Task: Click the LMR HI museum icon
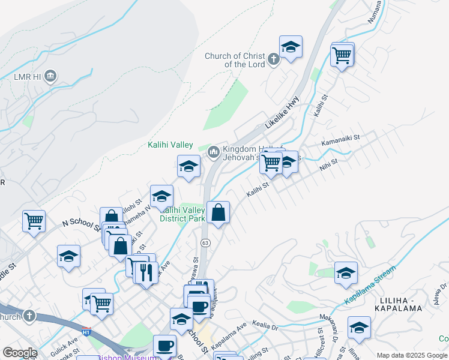click(x=50, y=76)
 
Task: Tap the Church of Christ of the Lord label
click(x=235, y=60)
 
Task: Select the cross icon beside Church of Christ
click(x=273, y=59)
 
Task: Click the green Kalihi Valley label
click(x=170, y=145)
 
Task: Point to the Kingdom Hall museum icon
click(x=214, y=153)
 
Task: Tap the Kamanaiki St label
click(x=340, y=140)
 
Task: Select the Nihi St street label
click(x=329, y=165)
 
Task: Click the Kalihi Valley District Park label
click(x=182, y=214)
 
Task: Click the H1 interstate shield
click(x=86, y=331)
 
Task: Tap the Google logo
click(x=20, y=353)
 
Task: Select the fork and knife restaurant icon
click(x=146, y=273)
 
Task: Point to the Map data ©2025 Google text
click(x=412, y=355)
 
